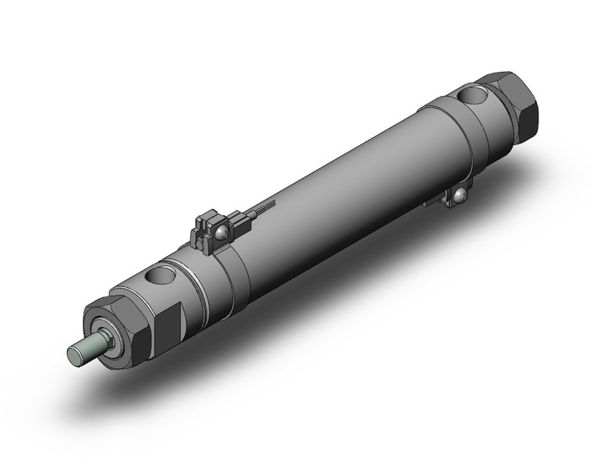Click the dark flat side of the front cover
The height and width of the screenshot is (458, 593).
[x=169, y=321]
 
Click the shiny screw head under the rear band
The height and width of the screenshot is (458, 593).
[x=462, y=196]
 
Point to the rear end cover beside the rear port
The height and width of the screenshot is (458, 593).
[x=449, y=117]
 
